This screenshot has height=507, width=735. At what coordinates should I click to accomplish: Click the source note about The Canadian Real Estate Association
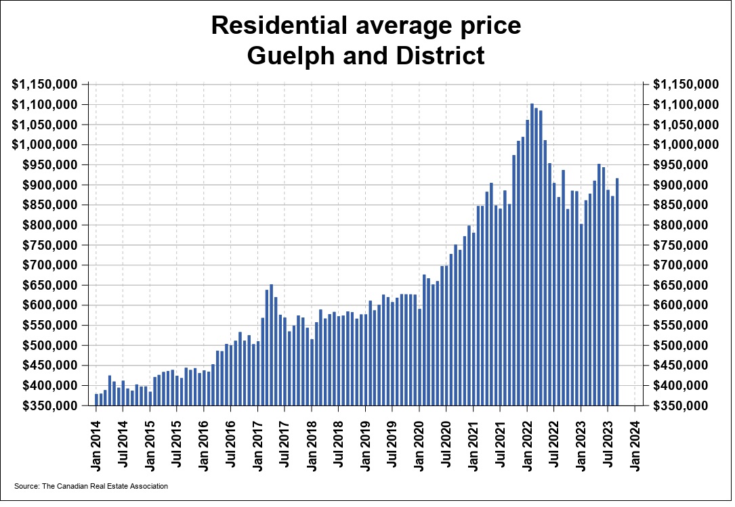click(x=91, y=486)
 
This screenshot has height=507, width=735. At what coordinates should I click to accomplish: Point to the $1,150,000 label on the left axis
click(x=45, y=85)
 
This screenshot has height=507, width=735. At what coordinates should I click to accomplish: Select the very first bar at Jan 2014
click(x=97, y=399)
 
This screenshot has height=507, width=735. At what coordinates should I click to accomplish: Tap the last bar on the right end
click(x=617, y=291)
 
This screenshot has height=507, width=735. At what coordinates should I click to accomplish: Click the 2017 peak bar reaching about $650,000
click(x=271, y=345)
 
